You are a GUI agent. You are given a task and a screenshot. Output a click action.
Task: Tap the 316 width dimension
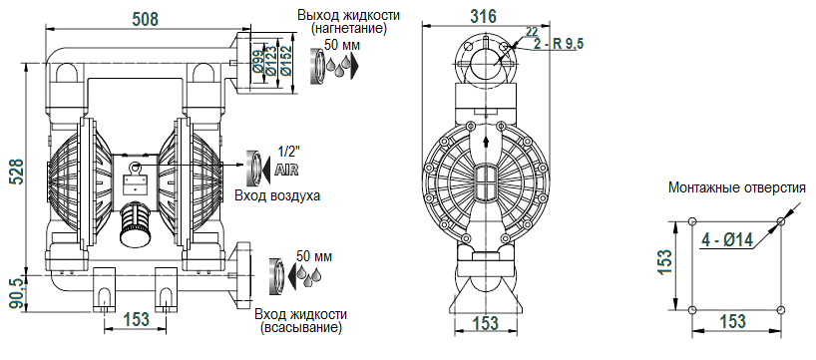click(x=484, y=15)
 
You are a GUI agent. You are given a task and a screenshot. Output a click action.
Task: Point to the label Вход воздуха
click(x=276, y=195)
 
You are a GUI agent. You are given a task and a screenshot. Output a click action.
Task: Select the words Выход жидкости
click(x=349, y=15)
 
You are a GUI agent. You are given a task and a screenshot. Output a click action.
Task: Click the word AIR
click(x=286, y=170)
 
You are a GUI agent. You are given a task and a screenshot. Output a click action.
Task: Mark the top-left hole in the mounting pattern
click(x=693, y=222)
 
